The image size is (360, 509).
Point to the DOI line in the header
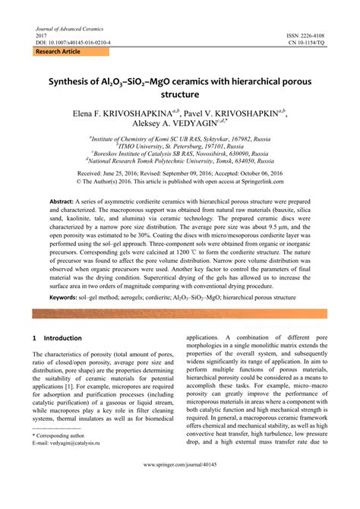73,43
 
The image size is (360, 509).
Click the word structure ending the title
179,94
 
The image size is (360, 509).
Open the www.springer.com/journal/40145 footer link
179,484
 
